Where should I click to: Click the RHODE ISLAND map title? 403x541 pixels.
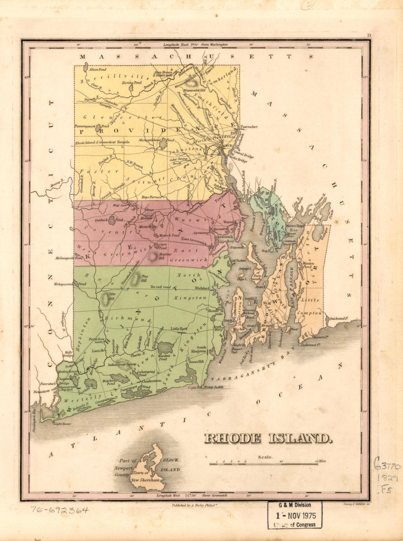coord(268,438)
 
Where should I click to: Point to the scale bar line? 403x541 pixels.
coord(263,464)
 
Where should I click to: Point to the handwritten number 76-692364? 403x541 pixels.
coord(59,510)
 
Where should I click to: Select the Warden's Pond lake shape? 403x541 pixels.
coord(165,347)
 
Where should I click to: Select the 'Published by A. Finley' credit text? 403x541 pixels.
coord(200,505)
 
